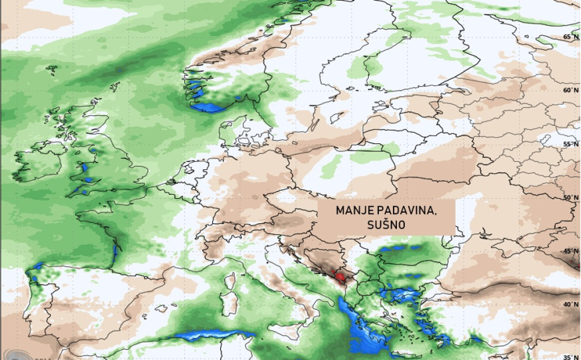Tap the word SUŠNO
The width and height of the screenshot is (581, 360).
click(386, 225)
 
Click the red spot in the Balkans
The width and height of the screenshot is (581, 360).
click(340, 275)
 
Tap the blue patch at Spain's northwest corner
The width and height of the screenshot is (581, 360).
click(37, 267)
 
